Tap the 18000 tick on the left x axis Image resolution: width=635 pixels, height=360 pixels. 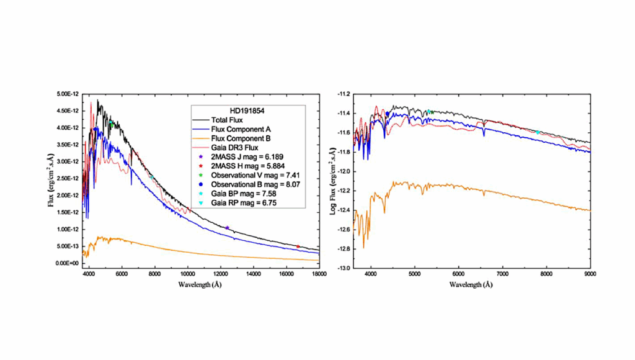[x=319, y=273]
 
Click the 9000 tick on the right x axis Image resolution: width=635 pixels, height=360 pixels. [x=590, y=273]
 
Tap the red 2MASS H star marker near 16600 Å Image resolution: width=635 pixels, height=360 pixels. [x=298, y=246]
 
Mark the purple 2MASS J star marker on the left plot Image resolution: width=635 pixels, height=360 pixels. [x=227, y=228]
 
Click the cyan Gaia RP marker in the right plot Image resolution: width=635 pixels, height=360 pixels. [x=538, y=132]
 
